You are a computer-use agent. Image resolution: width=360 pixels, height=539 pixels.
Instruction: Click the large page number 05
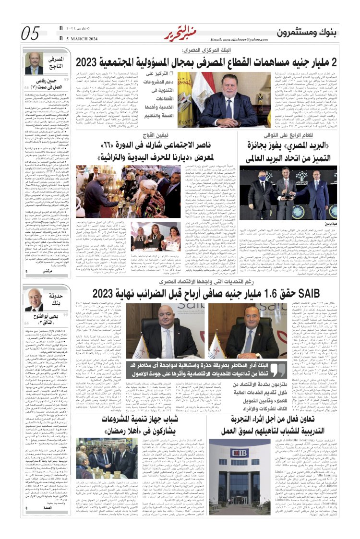(30, 33)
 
